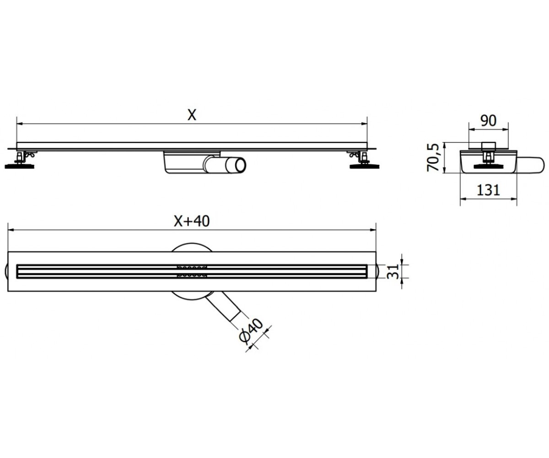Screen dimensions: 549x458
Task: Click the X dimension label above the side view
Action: click(192, 115)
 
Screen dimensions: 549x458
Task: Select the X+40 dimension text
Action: click(192, 221)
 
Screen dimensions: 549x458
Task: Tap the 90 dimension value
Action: click(488, 120)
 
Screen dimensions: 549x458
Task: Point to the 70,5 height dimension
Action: click(433, 158)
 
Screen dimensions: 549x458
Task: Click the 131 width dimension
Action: click(488, 190)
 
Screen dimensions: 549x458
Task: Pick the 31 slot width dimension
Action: click(393, 272)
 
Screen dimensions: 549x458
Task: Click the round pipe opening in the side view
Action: click(240, 165)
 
